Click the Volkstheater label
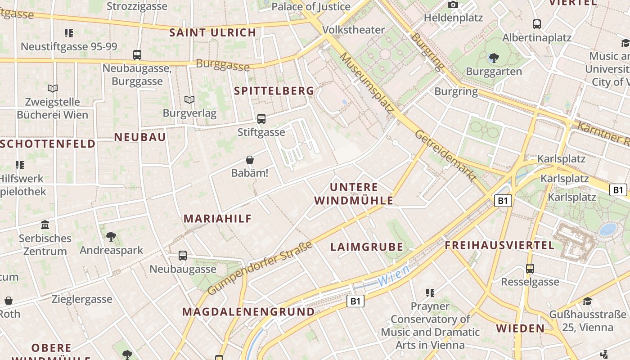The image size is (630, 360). coord(354,30)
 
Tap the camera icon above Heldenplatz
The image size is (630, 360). coord(453,5)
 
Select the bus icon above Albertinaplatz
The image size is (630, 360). coord(536,24)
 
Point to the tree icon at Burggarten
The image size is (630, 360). coord(494,58)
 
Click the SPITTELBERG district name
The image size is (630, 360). coord(274,90)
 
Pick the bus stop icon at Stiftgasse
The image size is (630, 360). coord(261,119)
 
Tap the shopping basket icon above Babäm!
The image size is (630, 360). coord(250,160)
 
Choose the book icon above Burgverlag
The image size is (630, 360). coord(189,99)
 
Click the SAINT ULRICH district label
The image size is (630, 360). coord(212,32)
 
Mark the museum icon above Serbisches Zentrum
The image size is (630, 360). coord(45,225)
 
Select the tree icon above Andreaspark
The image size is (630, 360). coord(111,236)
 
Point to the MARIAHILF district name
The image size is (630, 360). coord(217,219)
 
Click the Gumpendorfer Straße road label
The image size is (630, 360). coord(261,268)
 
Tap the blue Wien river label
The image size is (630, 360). coord(393,275)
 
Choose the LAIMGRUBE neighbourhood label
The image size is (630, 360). coord(367,247)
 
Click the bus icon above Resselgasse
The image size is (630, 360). coord(530,269)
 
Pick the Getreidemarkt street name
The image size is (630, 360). coord(445,156)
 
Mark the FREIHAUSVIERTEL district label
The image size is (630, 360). coord(499,245)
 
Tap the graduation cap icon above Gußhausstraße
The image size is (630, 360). coord(587,301)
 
